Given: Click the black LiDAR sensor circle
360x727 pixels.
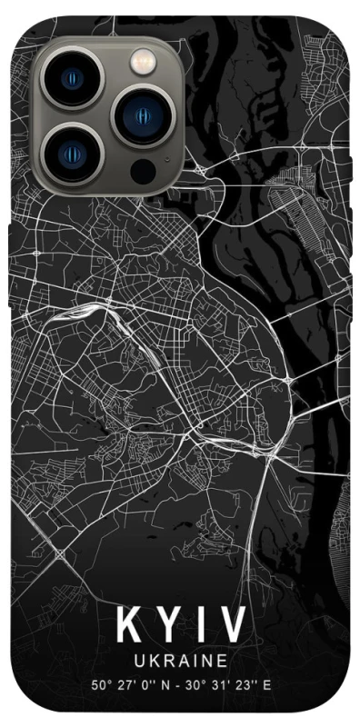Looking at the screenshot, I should click(140, 170).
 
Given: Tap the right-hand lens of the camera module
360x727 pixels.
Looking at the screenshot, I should click(141, 116).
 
